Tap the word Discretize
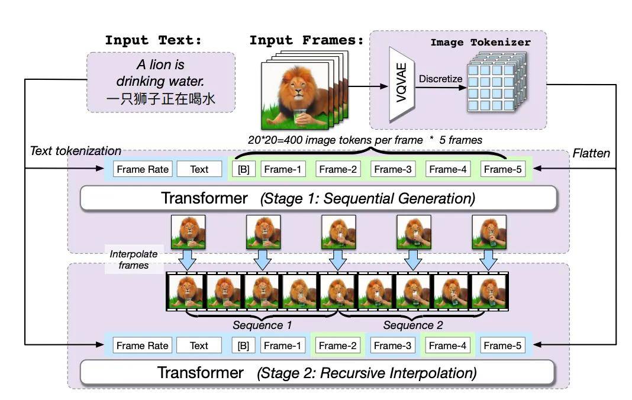(440, 79)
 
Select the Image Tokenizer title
(480, 43)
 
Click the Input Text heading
(153, 40)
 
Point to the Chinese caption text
(161, 99)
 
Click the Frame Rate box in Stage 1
(143, 169)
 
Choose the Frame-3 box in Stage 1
(393, 169)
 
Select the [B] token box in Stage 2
(243, 346)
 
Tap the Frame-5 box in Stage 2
(502, 346)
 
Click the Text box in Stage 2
(199, 346)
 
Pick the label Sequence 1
(262, 325)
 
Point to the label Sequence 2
(412, 325)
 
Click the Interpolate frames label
(134, 260)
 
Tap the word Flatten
(591, 153)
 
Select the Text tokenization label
(76, 151)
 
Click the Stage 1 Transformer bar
(318, 198)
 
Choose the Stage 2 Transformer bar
(317, 373)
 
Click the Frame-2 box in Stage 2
(337, 346)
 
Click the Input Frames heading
(306, 40)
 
